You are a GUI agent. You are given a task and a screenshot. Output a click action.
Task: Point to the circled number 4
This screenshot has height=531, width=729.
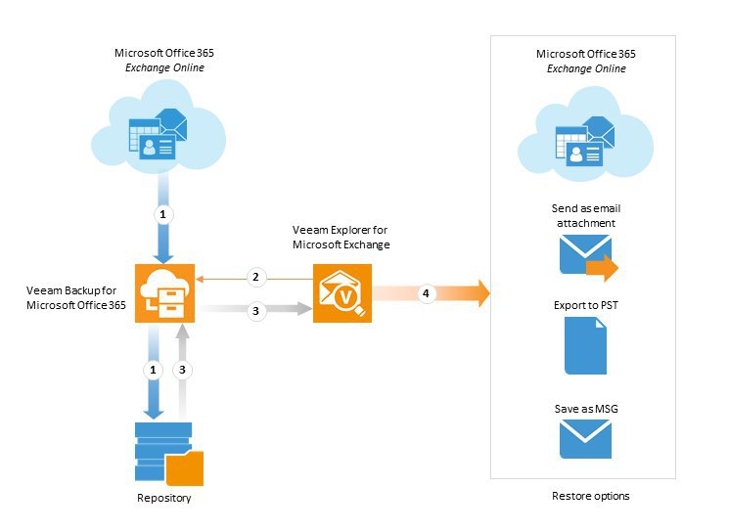click(x=426, y=292)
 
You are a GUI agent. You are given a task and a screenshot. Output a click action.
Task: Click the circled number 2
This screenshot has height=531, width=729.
click(x=256, y=278)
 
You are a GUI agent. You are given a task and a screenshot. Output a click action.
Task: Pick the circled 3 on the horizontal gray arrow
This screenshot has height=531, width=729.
click(x=256, y=311)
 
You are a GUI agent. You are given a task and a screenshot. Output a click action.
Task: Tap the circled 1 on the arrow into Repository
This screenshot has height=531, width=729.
click(x=152, y=371)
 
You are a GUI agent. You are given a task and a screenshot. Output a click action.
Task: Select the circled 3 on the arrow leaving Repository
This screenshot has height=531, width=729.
click(x=180, y=371)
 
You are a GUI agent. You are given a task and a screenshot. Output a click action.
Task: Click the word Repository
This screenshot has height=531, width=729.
click(x=164, y=499)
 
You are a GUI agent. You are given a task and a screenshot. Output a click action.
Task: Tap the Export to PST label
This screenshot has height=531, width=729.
click(x=585, y=306)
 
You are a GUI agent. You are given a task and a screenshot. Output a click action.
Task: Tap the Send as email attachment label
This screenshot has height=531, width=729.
click(x=584, y=216)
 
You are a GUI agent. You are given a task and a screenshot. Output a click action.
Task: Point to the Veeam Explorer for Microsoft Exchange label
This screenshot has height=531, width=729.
click(x=341, y=237)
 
